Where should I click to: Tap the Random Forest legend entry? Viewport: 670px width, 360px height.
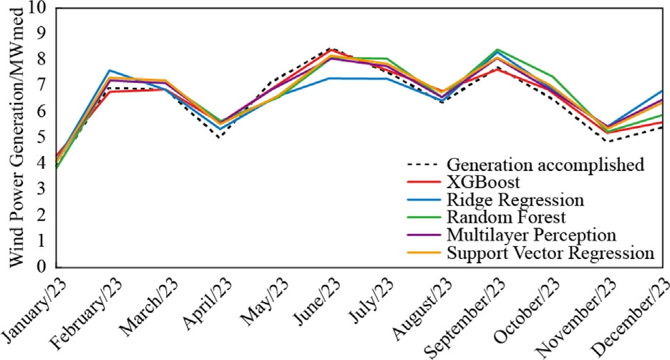pyautogui.click(x=502, y=217)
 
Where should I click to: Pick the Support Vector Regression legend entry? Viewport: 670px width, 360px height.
pyautogui.click(x=550, y=253)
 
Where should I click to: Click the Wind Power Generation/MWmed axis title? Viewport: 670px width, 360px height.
pyautogui.click(x=16, y=136)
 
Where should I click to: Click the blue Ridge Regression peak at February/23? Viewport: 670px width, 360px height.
pyautogui.click(x=109, y=70)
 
